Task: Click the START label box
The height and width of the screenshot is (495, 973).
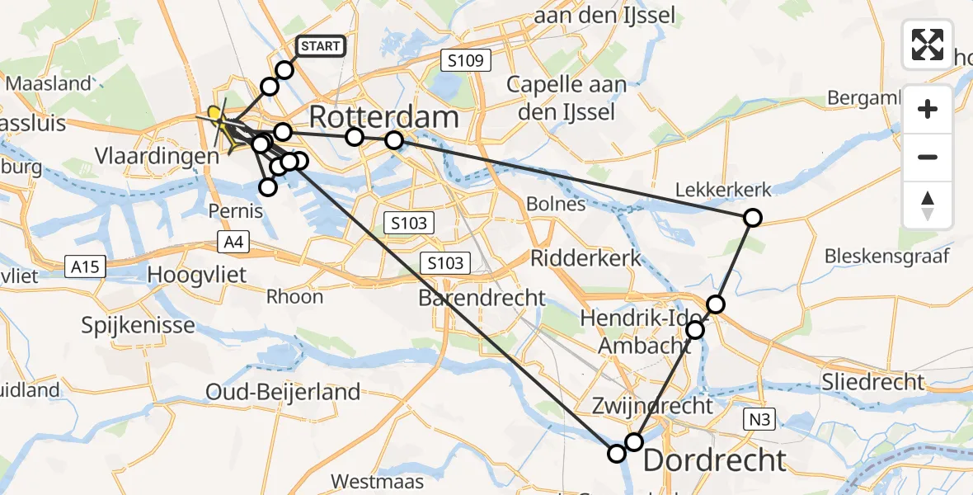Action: [321, 46]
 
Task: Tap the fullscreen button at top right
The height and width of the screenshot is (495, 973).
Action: [928, 45]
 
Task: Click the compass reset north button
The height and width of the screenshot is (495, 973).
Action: [928, 205]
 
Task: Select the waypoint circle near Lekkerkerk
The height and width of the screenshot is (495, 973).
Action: [752, 218]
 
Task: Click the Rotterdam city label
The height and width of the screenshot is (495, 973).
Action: [383, 117]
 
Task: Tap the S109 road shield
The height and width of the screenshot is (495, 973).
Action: [466, 60]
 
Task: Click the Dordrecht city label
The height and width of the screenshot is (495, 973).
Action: [714, 460]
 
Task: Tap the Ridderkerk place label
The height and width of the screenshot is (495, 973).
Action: [585, 257]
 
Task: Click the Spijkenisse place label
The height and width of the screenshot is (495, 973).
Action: [139, 324]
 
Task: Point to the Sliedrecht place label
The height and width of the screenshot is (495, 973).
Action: [873, 381]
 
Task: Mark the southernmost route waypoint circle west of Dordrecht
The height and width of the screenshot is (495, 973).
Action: [617, 453]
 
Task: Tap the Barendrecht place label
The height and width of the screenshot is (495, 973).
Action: [482, 298]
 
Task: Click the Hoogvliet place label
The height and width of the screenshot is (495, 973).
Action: [197, 274]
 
